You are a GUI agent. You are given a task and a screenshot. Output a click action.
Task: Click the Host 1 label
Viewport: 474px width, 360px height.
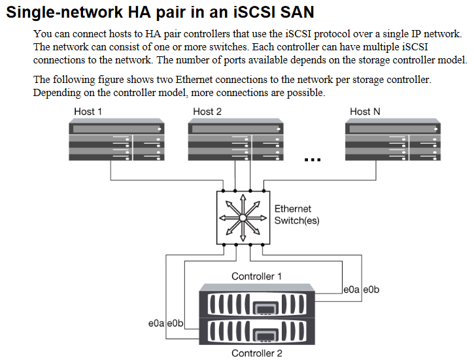click(88, 112)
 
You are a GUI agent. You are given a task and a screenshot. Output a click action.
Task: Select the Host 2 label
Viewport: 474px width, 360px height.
click(207, 112)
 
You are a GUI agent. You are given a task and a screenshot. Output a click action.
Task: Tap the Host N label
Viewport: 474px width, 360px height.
click(365, 112)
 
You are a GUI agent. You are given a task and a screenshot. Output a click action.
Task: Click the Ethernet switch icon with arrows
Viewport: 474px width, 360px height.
click(242, 218)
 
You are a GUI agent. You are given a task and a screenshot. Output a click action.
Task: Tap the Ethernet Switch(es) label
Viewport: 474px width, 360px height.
click(297, 215)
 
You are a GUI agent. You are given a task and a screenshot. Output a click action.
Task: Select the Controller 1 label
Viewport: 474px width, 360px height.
click(257, 276)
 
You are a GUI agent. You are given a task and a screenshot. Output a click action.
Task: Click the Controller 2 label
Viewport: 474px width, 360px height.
click(257, 353)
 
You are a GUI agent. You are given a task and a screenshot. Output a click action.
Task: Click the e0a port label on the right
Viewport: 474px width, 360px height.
click(352, 289)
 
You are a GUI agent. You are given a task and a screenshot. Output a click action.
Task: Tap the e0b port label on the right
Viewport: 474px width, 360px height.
click(371, 289)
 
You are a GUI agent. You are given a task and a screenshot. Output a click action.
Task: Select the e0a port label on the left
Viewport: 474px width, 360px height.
click(157, 323)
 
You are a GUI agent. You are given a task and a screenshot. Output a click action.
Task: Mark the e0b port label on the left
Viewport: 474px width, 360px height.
click(176, 323)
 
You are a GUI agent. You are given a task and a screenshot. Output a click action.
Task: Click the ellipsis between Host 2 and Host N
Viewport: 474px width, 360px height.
click(313, 157)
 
